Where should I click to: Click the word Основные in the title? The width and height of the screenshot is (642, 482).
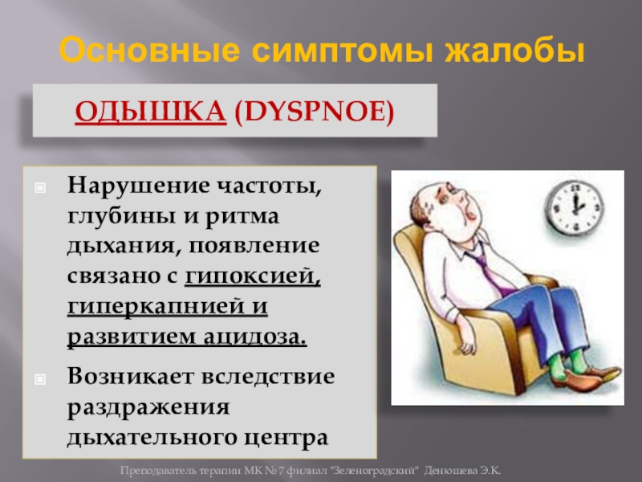[149, 51]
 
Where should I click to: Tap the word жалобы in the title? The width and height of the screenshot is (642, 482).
[515, 51]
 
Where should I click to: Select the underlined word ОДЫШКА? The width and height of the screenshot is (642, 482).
[151, 111]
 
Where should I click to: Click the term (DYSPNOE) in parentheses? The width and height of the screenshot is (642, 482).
[315, 112]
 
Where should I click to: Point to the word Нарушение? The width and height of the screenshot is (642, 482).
[138, 186]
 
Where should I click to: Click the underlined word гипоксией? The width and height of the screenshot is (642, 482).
[252, 276]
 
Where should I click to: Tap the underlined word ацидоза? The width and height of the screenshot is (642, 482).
[254, 337]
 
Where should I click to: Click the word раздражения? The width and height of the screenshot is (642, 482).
[148, 408]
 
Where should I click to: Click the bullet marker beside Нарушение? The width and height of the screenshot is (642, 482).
[41, 188]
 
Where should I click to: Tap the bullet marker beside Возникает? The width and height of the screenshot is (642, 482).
[41, 379]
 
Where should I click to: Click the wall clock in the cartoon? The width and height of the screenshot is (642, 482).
[574, 208]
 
